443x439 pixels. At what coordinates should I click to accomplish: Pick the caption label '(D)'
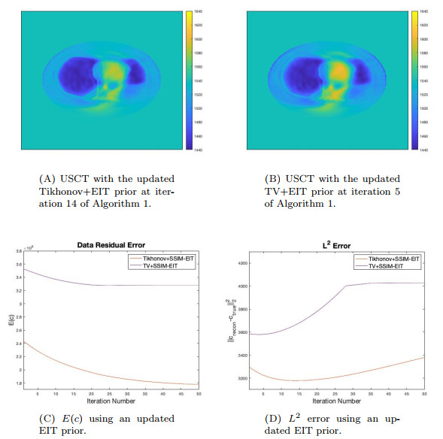[x=269, y=417]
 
